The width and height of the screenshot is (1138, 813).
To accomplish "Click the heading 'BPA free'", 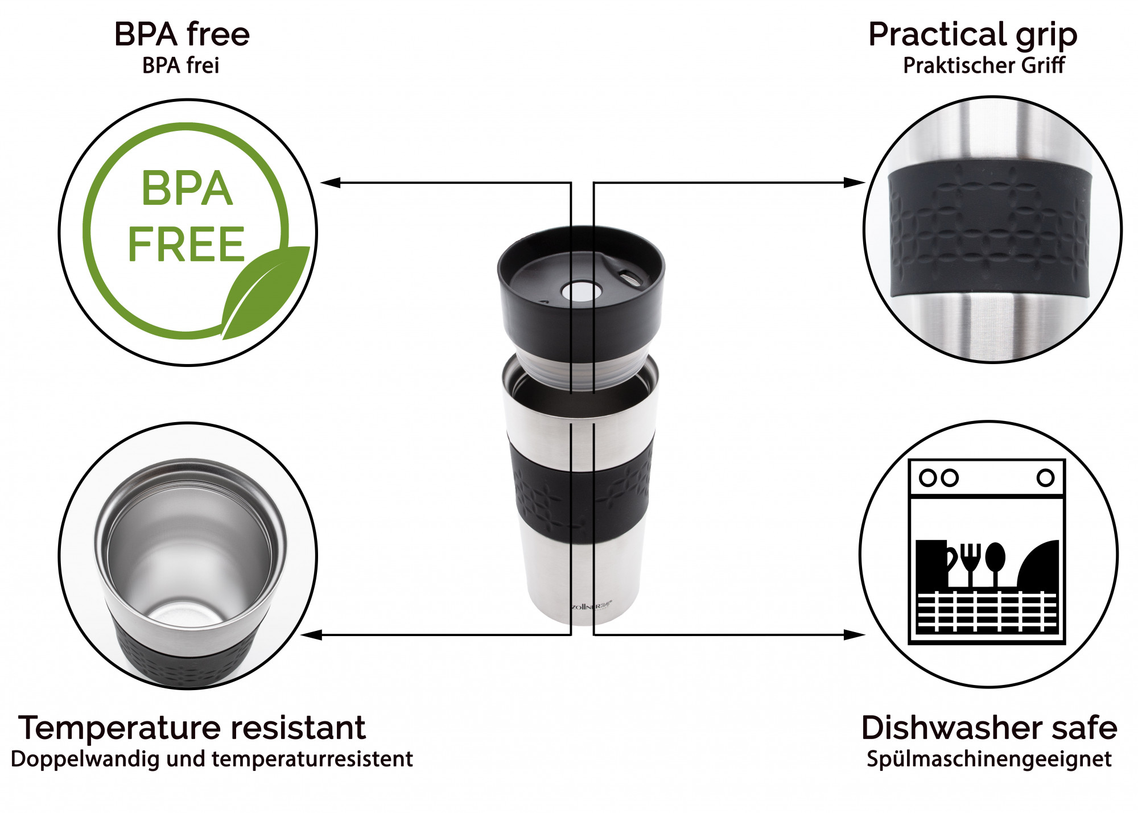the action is (x=182, y=34).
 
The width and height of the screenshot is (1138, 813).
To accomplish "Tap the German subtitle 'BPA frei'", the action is (x=181, y=65).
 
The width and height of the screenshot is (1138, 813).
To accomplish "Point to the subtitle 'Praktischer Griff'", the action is (x=984, y=65).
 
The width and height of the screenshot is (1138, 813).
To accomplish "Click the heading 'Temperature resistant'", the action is (x=192, y=728).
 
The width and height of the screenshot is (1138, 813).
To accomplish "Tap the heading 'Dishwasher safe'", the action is (x=989, y=728).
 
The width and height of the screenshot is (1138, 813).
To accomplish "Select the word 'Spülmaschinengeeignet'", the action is (x=989, y=760).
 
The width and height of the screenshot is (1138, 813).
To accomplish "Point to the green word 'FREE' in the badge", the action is (x=187, y=245).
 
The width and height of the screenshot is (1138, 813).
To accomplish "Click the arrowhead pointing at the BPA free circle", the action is (x=331, y=183).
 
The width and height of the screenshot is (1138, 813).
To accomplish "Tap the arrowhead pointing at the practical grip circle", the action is (x=854, y=183).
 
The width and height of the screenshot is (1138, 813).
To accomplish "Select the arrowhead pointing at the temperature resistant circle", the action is (x=312, y=634).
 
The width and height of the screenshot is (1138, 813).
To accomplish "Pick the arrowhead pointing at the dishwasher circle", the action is (x=854, y=634).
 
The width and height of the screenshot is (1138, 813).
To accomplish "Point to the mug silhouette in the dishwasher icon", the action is (x=934, y=563).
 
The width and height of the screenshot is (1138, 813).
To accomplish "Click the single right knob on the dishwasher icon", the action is (x=1045, y=477).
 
